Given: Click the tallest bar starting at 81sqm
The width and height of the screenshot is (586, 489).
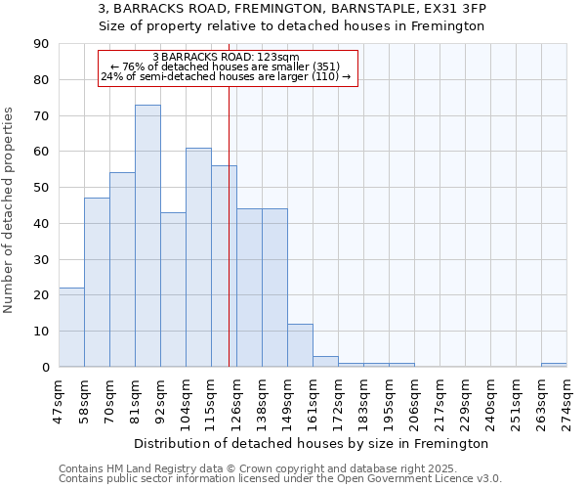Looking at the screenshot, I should (147, 236).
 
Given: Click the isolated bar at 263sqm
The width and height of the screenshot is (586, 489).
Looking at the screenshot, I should (554, 365).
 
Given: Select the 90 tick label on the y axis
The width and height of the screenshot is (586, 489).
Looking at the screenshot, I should (41, 44).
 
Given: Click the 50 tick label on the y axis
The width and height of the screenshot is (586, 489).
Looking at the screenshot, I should (41, 188).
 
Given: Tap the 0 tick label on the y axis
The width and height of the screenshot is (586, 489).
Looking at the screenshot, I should (45, 367).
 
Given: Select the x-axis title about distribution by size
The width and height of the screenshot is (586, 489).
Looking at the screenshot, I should (311, 444).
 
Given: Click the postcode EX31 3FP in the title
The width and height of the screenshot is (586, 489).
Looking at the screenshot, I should (456, 8).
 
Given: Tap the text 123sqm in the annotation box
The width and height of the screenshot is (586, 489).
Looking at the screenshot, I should (281, 58).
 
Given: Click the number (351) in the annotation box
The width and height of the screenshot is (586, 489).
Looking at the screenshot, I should (324, 67).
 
